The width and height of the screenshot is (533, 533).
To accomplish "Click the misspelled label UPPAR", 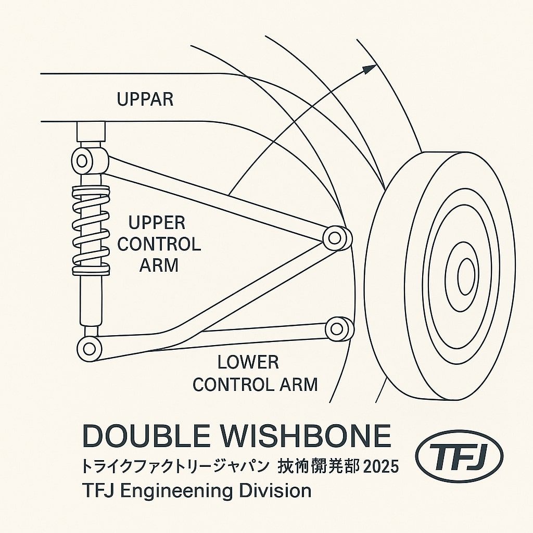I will coord(145,99).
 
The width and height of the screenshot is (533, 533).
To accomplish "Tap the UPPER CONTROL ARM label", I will coord(159,244).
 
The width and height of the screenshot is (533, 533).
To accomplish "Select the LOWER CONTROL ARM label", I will coord(255,373).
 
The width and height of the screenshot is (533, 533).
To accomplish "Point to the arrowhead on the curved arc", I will coord(370,68).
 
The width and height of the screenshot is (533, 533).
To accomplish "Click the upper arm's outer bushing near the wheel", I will coord(336,237).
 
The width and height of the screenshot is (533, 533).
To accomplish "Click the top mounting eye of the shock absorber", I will coord(84,160).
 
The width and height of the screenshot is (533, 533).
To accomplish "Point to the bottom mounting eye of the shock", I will coord(89,348).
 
